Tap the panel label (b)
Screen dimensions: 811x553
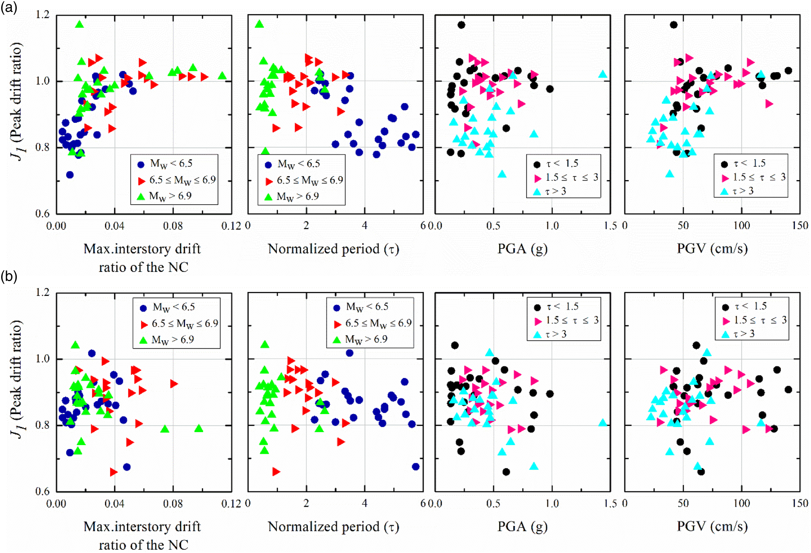click(x=9, y=277)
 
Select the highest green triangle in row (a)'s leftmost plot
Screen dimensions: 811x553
click(x=79, y=24)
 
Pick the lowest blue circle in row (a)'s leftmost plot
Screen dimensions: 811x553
click(x=70, y=175)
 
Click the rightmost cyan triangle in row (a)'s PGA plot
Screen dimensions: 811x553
click(x=603, y=74)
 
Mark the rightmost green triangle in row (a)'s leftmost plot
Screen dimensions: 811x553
click(x=222, y=75)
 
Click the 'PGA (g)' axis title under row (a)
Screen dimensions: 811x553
click(x=522, y=249)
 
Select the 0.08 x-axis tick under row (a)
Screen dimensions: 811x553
click(x=173, y=226)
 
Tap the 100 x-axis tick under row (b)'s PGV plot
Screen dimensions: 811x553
click(x=742, y=503)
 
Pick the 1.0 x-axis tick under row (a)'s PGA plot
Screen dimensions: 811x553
click(x=552, y=226)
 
